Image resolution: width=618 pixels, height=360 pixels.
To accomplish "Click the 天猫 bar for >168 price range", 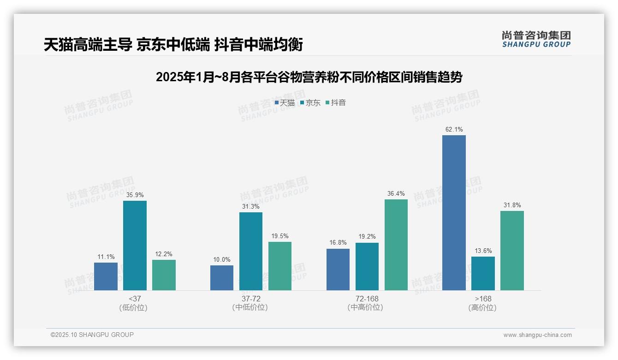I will pyautogui.click(x=454, y=213).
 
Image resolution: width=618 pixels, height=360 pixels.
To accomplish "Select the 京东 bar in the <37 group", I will pyautogui.click(x=135, y=246).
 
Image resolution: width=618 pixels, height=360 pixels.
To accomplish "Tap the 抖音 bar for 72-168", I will pyautogui.click(x=396, y=245).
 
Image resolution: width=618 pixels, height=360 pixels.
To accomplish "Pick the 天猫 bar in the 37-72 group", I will pyautogui.click(x=222, y=278).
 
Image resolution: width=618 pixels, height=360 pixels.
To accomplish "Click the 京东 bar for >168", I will pyautogui.click(x=483, y=273).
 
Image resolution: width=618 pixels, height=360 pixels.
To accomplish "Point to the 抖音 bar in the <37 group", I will pyautogui.click(x=164, y=275).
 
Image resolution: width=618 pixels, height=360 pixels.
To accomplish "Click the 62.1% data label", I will pyautogui.click(x=454, y=129).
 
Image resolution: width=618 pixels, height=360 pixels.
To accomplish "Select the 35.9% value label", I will pyautogui.click(x=135, y=195).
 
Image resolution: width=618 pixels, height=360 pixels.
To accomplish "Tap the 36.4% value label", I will pyautogui.click(x=396, y=193).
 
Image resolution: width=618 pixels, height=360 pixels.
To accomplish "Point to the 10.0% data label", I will pyautogui.click(x=222, y=259).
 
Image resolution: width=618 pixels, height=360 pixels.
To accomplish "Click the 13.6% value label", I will pyautogui.click(x=483, y=251).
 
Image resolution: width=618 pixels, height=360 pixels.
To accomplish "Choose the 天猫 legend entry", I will pyautogui.click(x=285, y=103).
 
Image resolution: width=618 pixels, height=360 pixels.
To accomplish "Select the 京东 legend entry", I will pyautogui.click(x=310, y=103).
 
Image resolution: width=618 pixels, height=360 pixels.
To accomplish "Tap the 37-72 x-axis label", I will pyautogui.click(x=250, y=299).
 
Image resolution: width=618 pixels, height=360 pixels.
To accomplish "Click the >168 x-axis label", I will pyautogui.click(x=483, y=299).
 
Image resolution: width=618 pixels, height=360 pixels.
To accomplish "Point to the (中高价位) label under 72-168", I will pyautogui.click(x=367, y=307).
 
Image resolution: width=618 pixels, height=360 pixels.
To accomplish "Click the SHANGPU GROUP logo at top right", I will pyautogui.click(x=536, y=39).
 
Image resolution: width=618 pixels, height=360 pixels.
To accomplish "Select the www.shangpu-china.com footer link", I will pyautogui.click(x=537, y=335).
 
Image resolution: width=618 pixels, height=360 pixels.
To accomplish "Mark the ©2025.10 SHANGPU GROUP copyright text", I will pyautogui.click(x=92, y=335).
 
